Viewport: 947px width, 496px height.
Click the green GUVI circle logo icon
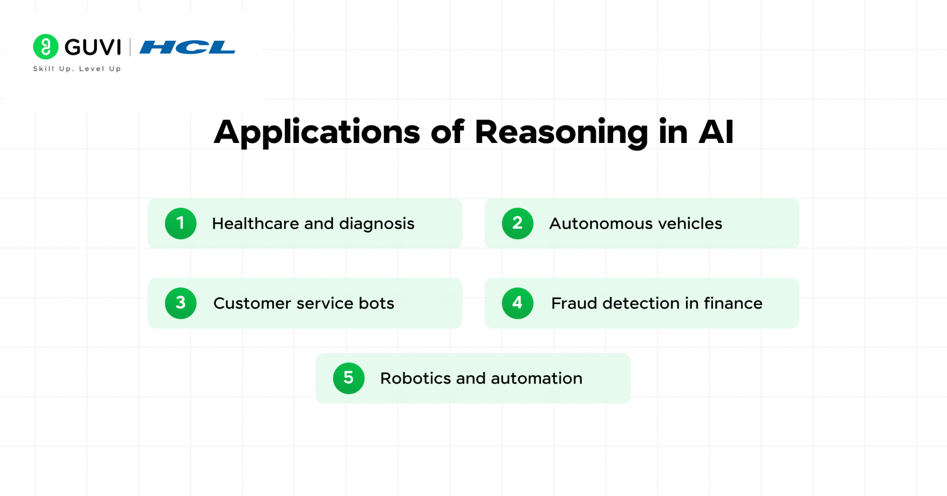46,47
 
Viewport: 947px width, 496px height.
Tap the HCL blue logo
187,47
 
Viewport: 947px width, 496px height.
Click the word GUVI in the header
92,47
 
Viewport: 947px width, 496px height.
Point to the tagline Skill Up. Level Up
77,69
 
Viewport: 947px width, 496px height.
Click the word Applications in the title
317,133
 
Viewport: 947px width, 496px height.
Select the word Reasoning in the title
561,133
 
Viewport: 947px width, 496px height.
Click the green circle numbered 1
181,223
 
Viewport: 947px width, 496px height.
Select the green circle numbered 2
517,223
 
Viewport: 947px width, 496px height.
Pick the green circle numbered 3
181,303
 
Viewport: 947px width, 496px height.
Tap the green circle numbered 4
517,303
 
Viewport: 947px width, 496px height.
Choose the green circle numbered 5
349,378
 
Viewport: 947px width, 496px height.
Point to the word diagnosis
376,224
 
